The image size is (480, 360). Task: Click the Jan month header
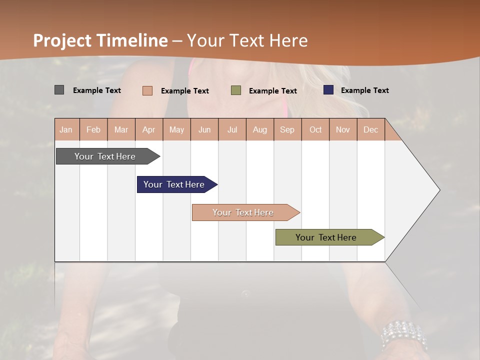(x=66, y=129)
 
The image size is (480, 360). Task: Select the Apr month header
(x=149, y=129)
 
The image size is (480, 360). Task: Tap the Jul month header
(x=232, y=129)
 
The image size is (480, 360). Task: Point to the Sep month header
(x=287, y=129)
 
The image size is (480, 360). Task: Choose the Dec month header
(x=370, y=129)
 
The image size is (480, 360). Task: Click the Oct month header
(x=315, y=129)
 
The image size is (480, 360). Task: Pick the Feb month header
(x=93, y=129)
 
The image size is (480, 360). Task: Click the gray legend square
(x=59, y=90)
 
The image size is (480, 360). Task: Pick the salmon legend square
(x=147, y=90)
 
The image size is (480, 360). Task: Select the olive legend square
(x=236, y=90)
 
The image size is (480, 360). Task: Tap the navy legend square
(x=328, y=90)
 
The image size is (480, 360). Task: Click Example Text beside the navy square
(x=364, y=90)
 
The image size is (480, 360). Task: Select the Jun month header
(x=204, y=129)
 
